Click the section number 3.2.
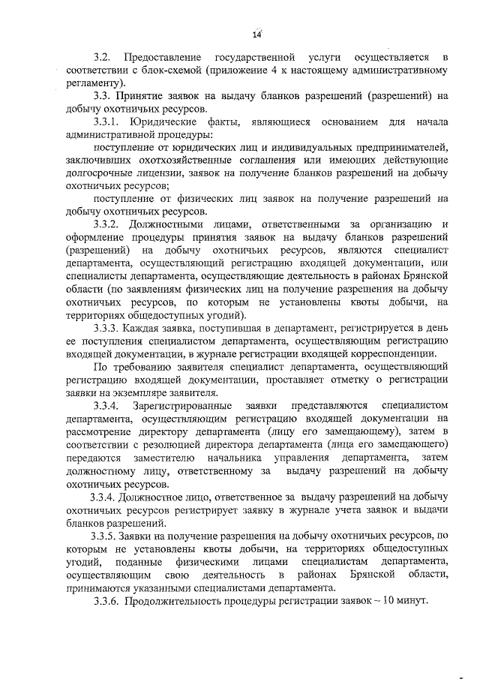point(103,58)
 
